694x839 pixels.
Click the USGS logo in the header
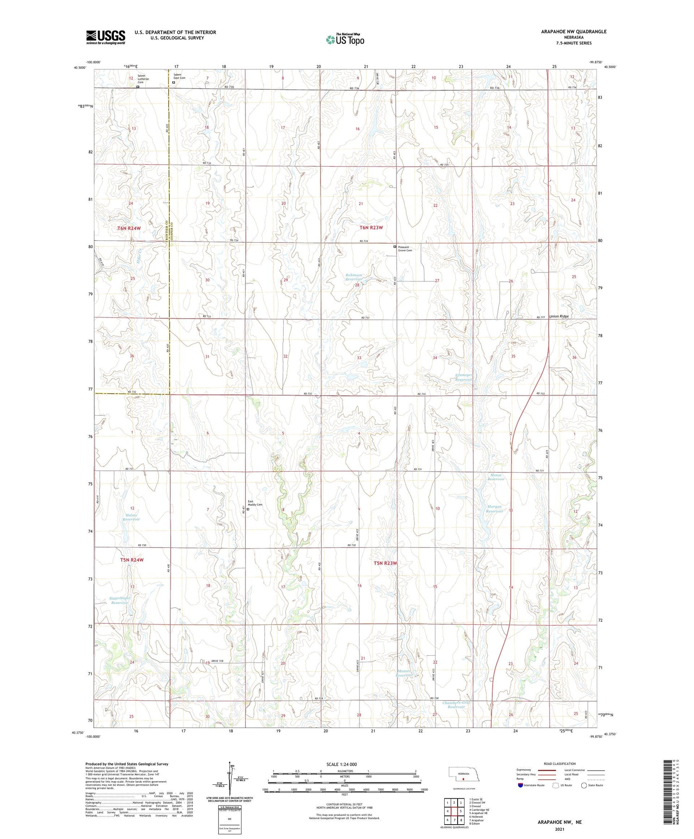click(105, 37)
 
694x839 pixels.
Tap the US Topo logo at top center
click(345, 39)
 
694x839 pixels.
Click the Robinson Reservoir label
click(354, 277)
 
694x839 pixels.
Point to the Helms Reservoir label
click(131, 517)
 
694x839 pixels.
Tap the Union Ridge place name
click(558, 317)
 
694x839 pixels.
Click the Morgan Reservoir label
click(495, 509)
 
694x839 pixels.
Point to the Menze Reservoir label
click(496, 477)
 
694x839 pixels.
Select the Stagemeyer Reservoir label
click(119, 600)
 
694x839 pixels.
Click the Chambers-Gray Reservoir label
click(453, 705)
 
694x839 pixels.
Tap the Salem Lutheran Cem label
click(143, 80)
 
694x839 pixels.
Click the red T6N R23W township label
click(371, 228)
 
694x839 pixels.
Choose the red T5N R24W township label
click(132, 560)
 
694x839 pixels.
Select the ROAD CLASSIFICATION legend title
click(559, 764)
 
